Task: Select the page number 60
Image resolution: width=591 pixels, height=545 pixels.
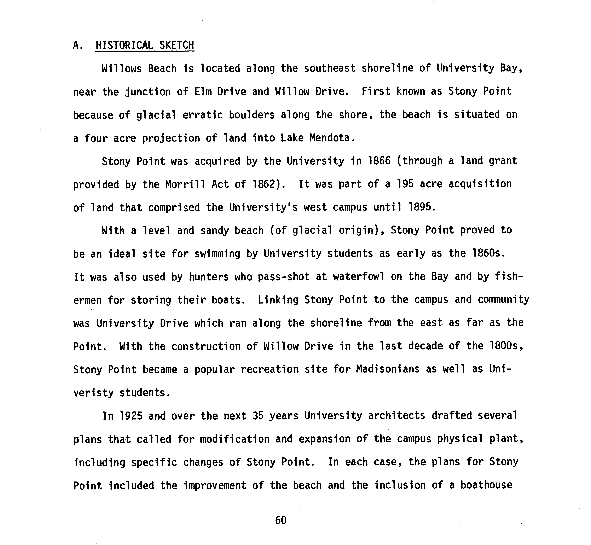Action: pos(281,520)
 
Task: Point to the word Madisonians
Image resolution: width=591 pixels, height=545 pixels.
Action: pos(387,369)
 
